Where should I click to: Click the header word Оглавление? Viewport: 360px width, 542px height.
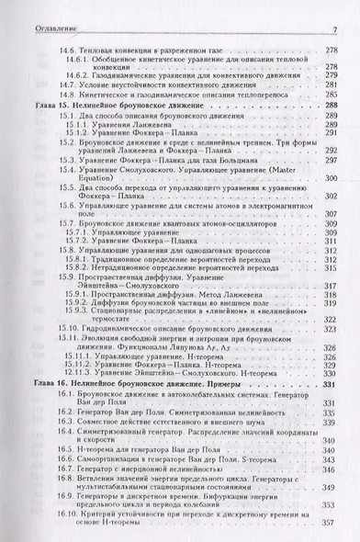pyautogui.click(x=36, y=7)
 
